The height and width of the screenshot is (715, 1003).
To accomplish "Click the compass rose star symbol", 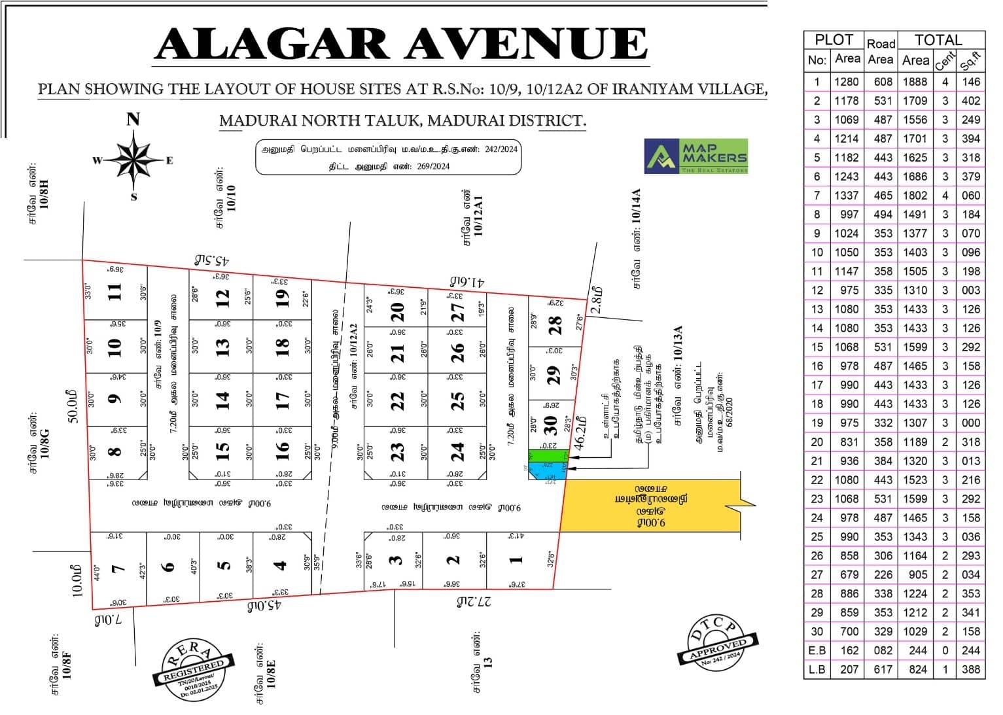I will tap(133, 158).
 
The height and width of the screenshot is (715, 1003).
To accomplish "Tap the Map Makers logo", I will tap(696, 156).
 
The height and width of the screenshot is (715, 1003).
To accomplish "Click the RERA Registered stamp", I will tap(194, 667).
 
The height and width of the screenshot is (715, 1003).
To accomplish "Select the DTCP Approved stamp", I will tap(718, 643).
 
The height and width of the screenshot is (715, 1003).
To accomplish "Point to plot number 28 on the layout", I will tap(555, 323).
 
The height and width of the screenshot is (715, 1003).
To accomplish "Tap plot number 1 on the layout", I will tap(516, 560).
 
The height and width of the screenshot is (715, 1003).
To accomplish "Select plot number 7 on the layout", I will tap(118, 568).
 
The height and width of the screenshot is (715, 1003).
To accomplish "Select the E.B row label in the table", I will tap(817, 650).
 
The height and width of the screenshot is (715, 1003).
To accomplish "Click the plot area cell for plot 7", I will tap(847, 196).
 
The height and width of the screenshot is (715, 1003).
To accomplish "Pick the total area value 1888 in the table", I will tap(915, 82).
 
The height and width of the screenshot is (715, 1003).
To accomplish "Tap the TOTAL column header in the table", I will tap(938, 40).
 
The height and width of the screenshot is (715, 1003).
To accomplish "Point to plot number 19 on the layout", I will tap(282, 298).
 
